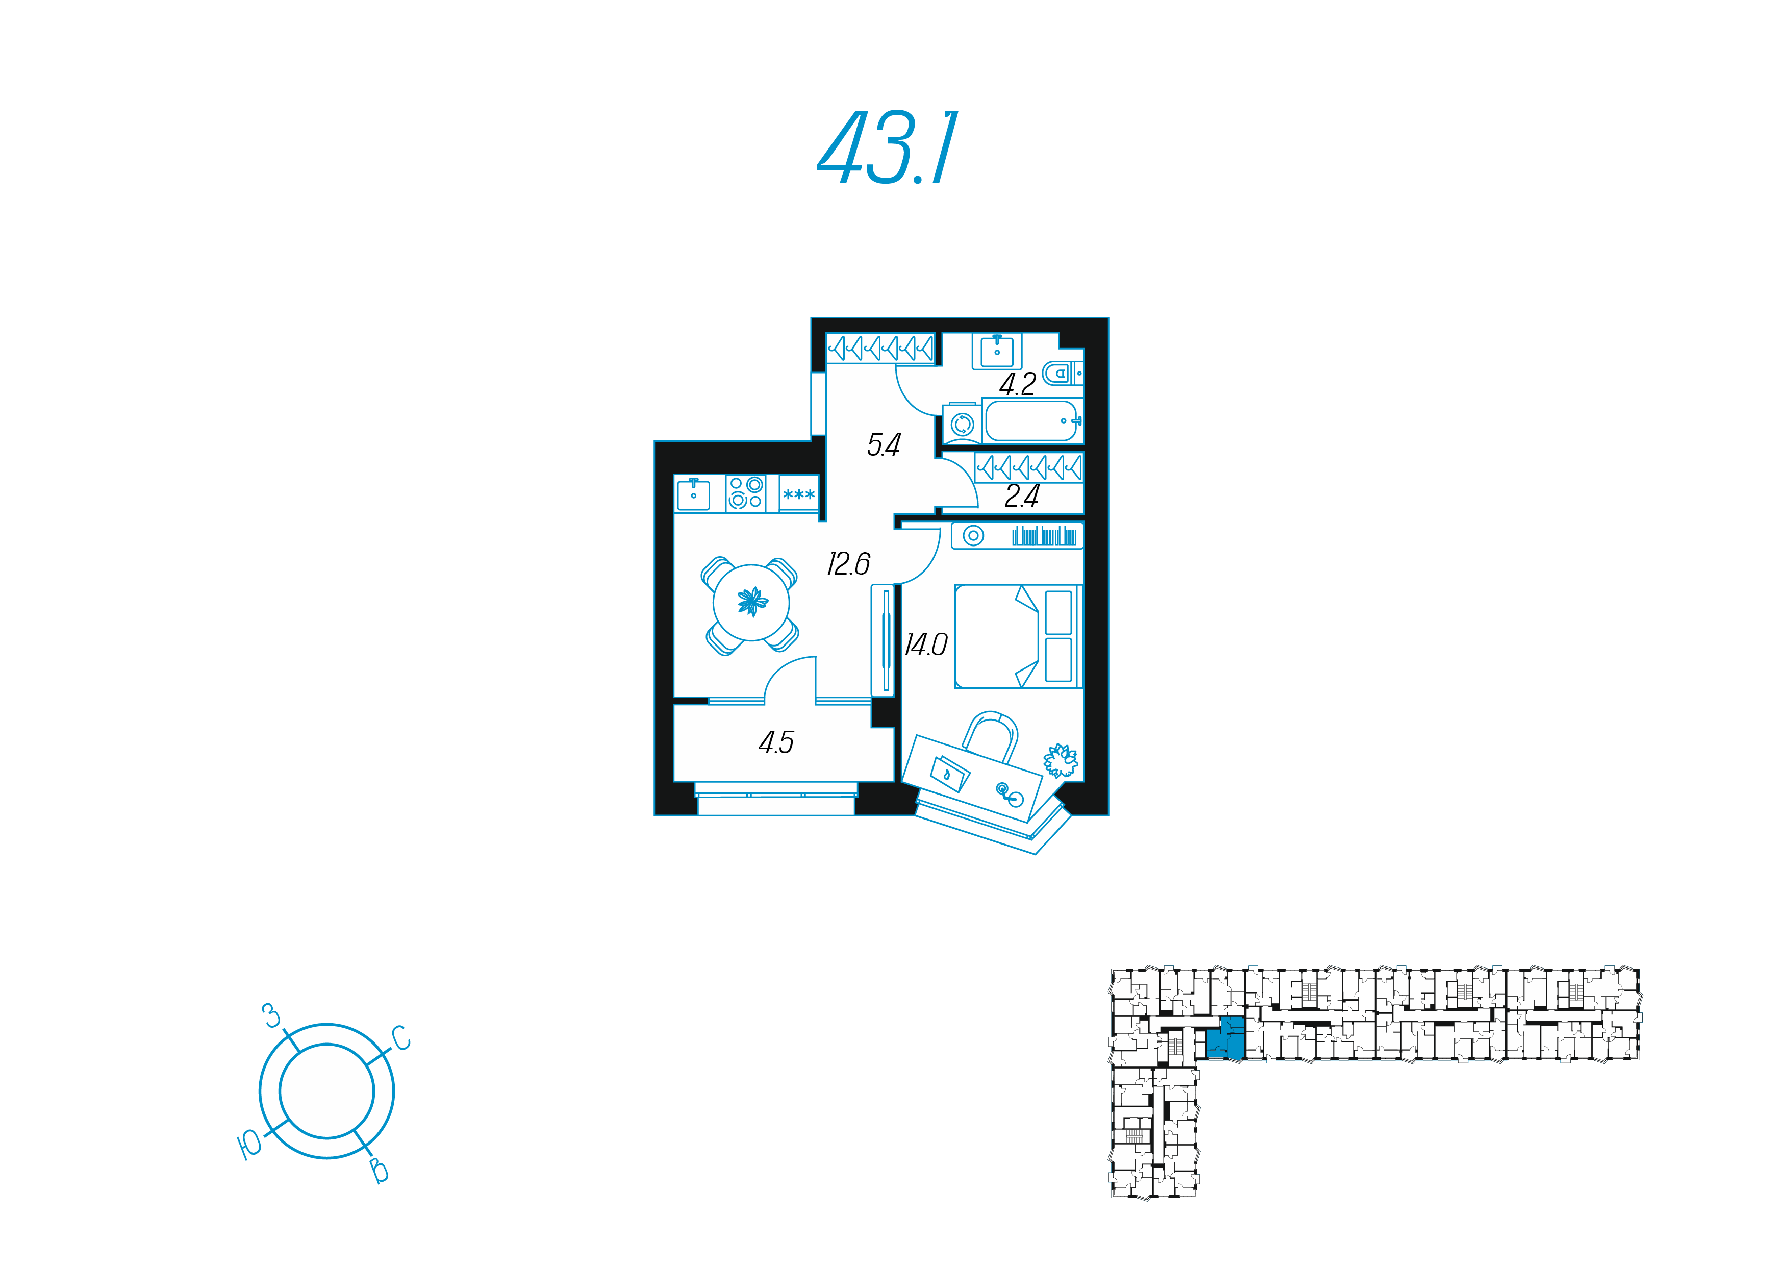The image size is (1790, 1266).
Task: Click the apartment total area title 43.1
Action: pos(887,147)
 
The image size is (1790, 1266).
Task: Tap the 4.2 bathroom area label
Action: pos(1017,384)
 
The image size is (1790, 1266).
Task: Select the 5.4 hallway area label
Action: pos(884,444)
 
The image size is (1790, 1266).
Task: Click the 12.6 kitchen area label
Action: pos(848,563)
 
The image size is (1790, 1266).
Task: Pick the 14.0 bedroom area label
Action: pos(926,644)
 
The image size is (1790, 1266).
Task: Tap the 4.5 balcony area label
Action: pos(776,742)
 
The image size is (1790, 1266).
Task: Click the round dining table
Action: pos(751,602)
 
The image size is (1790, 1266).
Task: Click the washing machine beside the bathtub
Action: pos(962,424)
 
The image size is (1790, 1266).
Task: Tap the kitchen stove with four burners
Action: pos(745,493)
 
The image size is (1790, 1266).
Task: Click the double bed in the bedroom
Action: pos(1018,636)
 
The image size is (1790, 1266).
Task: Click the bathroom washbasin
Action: pos(997,351)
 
